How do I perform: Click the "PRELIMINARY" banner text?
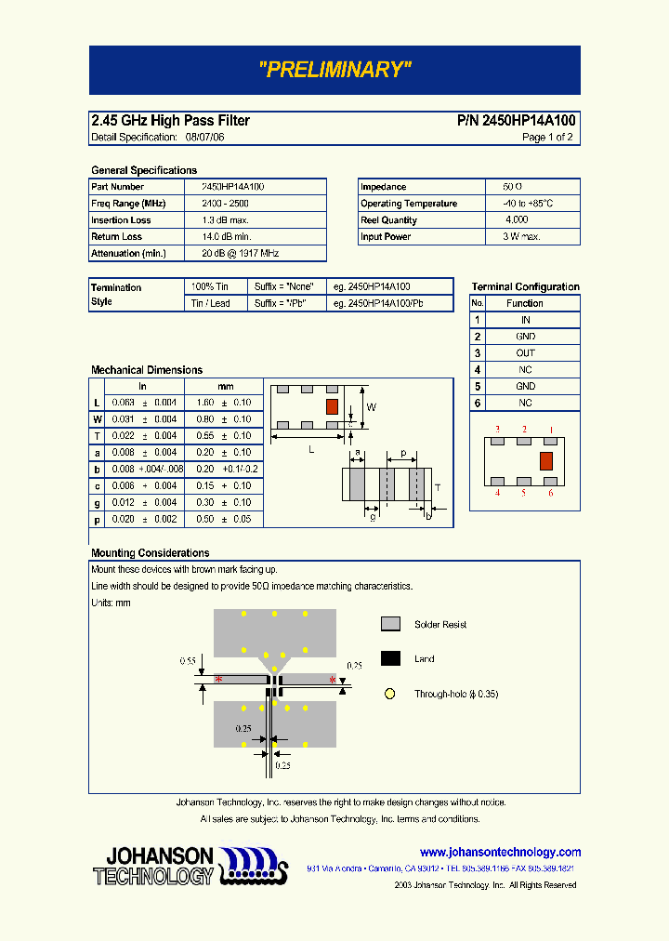click(x=334, y=70)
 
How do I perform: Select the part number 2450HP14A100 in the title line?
click(x=517, y=121)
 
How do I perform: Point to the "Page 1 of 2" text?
click(x=547, y=138)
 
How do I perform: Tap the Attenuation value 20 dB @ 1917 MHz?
click(x=241, y=253)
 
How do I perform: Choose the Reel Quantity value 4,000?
click(x=517, y=220)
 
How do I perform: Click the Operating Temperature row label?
click(x=409, y=204)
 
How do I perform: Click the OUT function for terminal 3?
click(x=525, y=353)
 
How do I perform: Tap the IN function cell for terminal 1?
click(x=525, y=320)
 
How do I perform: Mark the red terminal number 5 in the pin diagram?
click(x=524, y=493)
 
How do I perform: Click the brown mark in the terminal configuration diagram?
click(x=546, y=460)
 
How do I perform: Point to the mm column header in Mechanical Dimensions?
click(x=226, y=386)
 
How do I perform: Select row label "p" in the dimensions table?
click(x=97, y=519)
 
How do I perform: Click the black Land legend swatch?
click(x=390, y=658)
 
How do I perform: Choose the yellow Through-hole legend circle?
click(x=390, y=694)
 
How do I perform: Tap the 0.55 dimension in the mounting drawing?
click(x=189, y=660)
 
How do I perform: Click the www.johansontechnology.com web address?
click(x=500, y=852)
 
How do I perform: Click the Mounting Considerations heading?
click(x=150, y=553)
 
